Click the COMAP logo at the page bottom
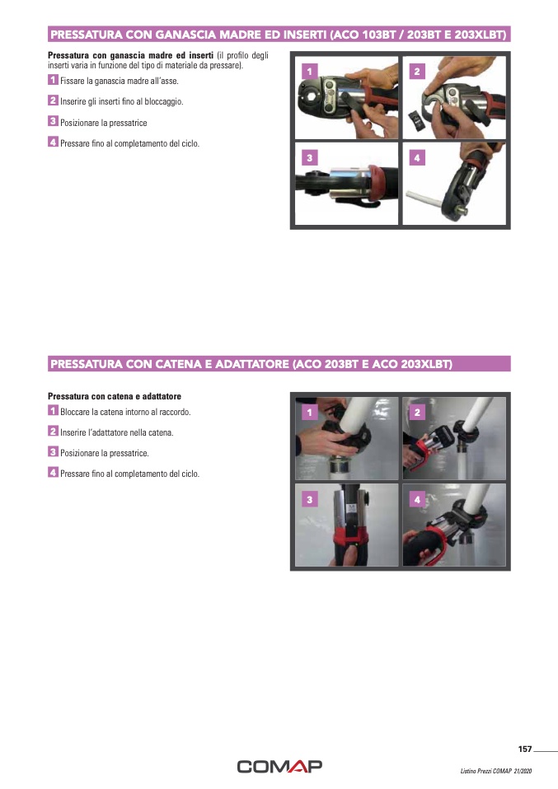[279, 767]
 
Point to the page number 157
[525, 749]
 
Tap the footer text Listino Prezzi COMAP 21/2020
[495, 771]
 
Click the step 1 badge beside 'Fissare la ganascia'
[53, 80]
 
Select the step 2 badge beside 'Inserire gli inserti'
[53, 100]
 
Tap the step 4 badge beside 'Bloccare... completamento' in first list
[53, 142]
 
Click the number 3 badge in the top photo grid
[310, 158]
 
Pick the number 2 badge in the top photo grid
[417, 72]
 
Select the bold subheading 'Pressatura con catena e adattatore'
[115, 396]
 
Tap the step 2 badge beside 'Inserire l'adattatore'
[53, 431]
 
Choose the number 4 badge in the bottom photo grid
[417, 500]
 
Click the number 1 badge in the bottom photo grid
[310, 413]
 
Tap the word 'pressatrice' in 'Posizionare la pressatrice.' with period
[129, 453]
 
